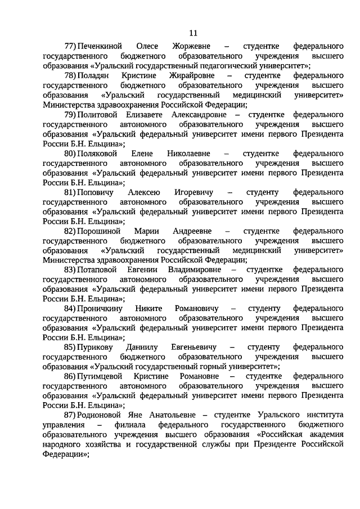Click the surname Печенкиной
coord(101,44)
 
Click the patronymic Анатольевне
coord(164,414)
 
